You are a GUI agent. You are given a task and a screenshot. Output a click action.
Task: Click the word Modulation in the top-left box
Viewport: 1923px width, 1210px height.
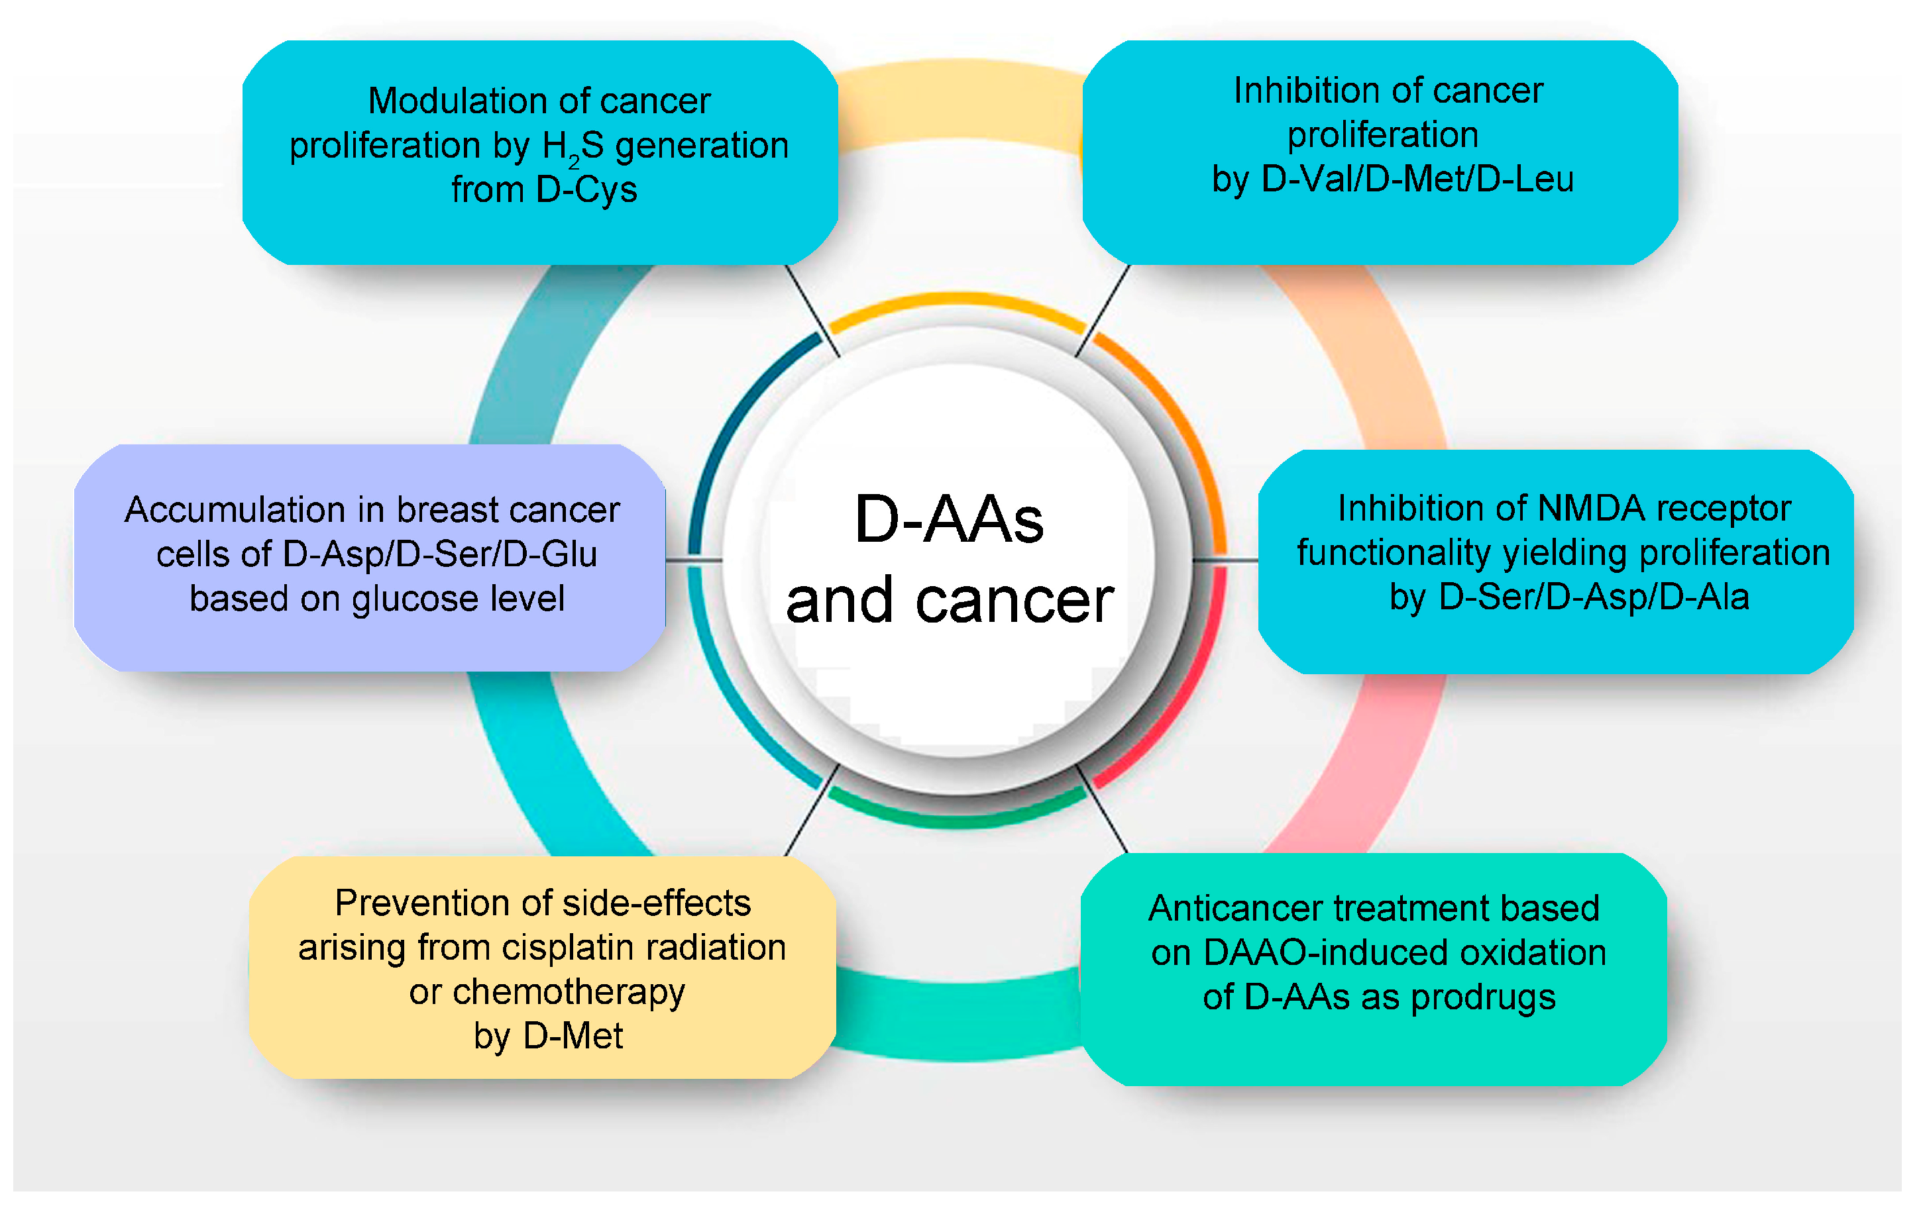coord(451,101)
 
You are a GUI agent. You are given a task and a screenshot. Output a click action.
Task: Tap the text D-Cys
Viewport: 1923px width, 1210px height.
coord(587,190)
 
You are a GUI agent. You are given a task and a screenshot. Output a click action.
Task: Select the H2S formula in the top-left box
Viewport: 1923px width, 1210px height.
coord(573,147)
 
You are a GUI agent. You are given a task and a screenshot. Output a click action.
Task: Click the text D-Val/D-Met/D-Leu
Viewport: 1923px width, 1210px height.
coord(1417,179)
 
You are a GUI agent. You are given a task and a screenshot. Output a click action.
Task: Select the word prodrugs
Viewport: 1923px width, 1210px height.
coord(1483,997)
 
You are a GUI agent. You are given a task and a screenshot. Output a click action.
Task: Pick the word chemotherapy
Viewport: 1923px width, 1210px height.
coord(569,993)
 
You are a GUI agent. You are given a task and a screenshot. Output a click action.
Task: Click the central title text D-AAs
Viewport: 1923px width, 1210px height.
coord(949,521)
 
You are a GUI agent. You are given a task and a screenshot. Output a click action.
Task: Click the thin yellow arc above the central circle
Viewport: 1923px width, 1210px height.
coord(956,301)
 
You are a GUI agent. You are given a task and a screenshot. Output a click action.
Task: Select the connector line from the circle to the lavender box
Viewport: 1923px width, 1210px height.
coord(693,560)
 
